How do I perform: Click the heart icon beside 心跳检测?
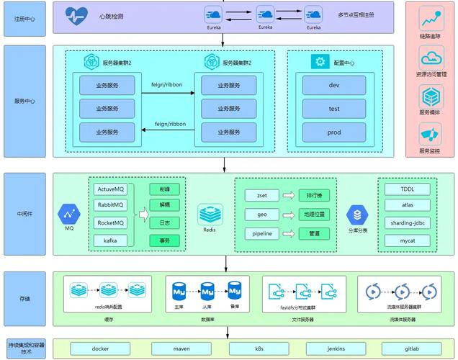[x=76, y=15]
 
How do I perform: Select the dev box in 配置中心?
[x=333, y=85]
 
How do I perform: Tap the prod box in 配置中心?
[x=333, y=132]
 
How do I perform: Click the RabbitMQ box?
[x=110, y=206]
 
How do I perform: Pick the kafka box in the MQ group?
[x=110, y=239]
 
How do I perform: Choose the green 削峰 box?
[x=163, y=189]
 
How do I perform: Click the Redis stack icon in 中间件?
[x=210, y=213]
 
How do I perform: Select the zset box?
[x=257, y=195]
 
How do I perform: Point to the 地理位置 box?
[x=313, y=215]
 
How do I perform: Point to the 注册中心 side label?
[x=25, y=17]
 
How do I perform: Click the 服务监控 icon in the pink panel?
[x=430, y=134]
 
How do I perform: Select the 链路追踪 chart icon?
[x=431, y=18]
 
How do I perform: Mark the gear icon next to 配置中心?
[x=319, y=62]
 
